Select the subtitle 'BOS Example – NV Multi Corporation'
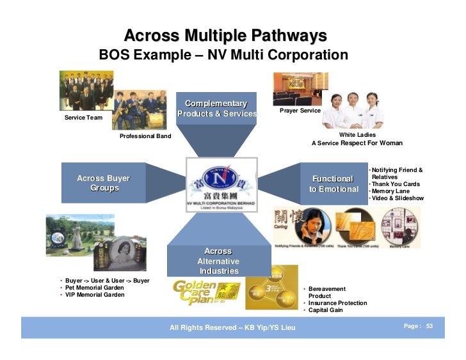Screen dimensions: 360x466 [x=223, y=55]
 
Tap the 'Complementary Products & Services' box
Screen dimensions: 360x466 [x=216, y=109]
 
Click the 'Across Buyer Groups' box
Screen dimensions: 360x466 [x=104, y=184]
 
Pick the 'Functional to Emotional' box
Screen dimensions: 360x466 [x=333, y=184]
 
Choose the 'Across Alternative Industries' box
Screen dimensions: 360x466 [x=218, y=262]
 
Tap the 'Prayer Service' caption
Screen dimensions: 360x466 [x=300, y=111]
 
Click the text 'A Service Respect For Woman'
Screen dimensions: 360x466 [x=357, y=143]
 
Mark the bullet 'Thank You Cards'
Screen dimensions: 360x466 [x=396, y=184]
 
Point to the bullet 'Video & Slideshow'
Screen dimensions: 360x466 [x=398, y=198]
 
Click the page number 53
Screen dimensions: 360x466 [x=430, y=327]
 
